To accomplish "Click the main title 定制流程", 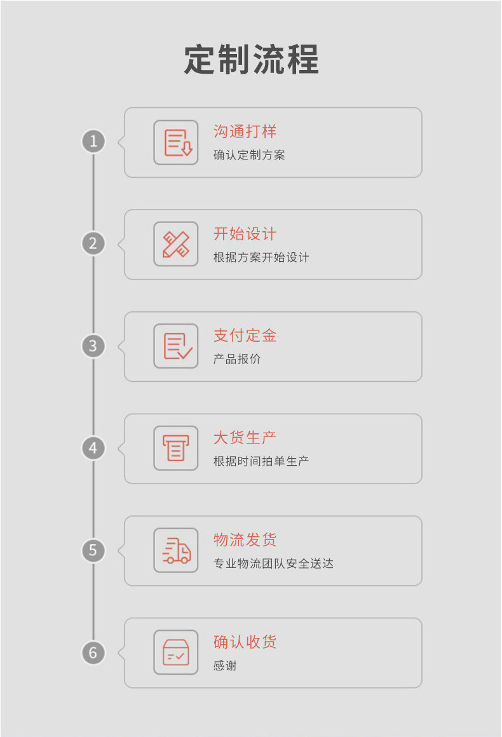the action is click(252, 60).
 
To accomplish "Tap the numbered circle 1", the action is click(93, 141).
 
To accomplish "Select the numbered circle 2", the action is click(93, 243).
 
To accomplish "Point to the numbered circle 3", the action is click(93, 346).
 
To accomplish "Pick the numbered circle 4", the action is click(93, 448).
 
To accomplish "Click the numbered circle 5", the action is click(93, 550).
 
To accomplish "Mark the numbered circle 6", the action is click(93, 652).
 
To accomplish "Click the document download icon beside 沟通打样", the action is click(176, 142).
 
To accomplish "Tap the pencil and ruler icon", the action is click(176, 245).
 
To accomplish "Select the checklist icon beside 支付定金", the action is click(176, 346).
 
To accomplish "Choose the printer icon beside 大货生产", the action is click(176, 449).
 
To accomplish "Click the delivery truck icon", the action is click(176, 551).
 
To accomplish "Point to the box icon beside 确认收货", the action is click(176, 652).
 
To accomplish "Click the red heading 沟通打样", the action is click(245, 132).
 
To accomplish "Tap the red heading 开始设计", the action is click(245, 234).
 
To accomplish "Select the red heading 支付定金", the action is click(245, 335).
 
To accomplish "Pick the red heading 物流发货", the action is click(245, 540).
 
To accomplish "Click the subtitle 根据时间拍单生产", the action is click(261, 461).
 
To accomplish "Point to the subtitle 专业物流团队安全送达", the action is click(273, 564).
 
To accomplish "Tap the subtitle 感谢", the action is click(225, 666).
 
